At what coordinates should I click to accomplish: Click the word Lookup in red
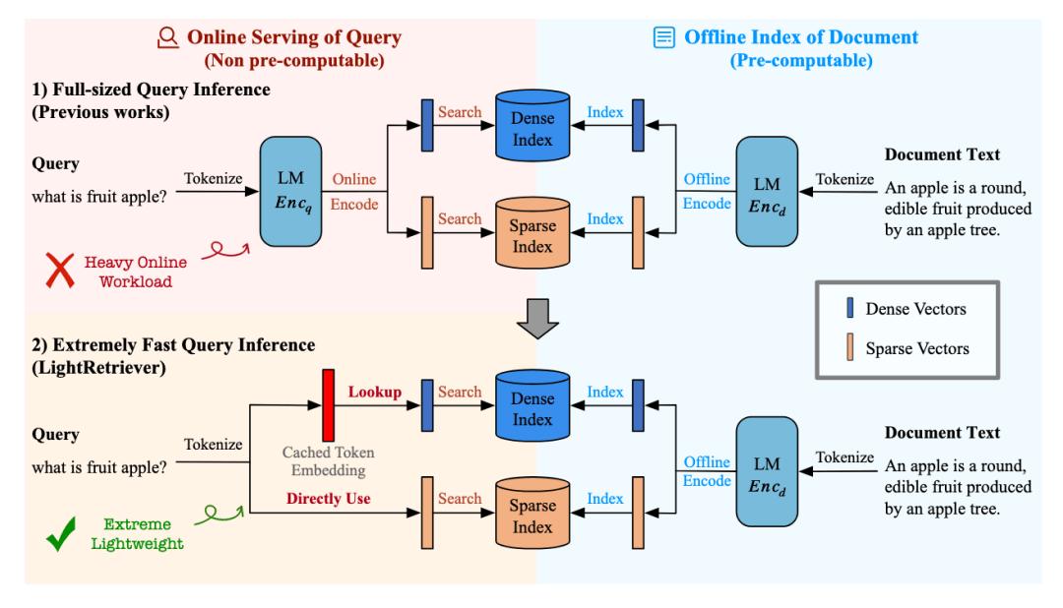[373, 392]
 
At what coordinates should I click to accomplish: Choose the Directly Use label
[329, 499]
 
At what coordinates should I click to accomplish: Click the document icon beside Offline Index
[663, 39]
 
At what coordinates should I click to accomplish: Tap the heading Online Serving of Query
[292, 38]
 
